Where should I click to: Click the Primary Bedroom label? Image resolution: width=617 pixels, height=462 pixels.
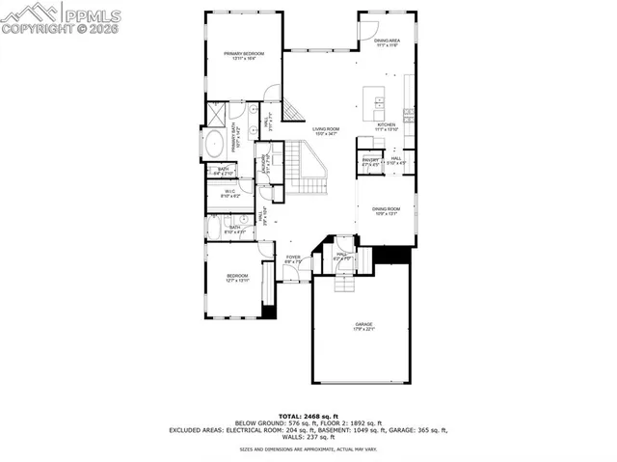point(244,56)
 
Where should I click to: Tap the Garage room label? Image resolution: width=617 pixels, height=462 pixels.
point(363,327)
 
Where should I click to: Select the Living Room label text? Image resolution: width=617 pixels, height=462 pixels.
point(325,131)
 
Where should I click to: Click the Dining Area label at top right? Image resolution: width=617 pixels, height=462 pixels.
point(387,42)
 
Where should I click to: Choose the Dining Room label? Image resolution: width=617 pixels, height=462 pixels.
point(386,211)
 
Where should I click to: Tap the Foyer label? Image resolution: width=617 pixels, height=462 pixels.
point(293,258)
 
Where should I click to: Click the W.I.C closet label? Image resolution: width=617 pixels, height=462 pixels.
point(230,193)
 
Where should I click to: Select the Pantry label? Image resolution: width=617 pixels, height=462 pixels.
point(370,161)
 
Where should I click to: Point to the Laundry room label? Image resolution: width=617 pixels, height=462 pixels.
point(263,166)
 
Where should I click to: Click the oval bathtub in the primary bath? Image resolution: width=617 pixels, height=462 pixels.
point(214,146)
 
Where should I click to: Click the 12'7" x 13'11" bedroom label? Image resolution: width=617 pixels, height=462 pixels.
point(237,278)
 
